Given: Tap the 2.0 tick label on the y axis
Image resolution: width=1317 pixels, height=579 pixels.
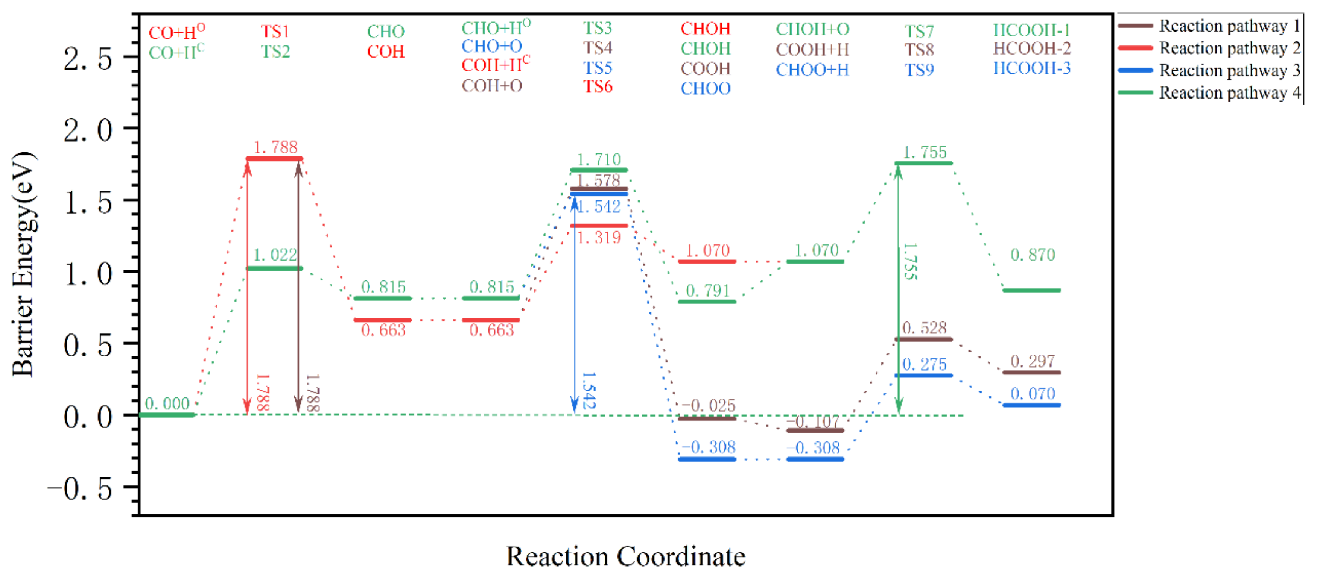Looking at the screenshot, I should (87, 130).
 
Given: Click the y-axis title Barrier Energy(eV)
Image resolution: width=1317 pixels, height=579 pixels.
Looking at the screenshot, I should (23, 264).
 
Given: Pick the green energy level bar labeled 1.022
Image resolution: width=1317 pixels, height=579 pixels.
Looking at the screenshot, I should (275, 268).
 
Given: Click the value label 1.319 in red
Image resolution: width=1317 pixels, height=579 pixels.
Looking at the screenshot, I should (599, 238).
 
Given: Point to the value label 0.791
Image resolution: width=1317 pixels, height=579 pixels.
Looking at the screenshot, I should (707, 291).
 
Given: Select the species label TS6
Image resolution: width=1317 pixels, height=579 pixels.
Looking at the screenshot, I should (598, 87).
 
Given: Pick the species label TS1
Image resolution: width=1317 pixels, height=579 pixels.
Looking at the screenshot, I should (275, 32).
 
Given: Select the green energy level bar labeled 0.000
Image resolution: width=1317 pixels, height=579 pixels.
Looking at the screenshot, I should (167, 415).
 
